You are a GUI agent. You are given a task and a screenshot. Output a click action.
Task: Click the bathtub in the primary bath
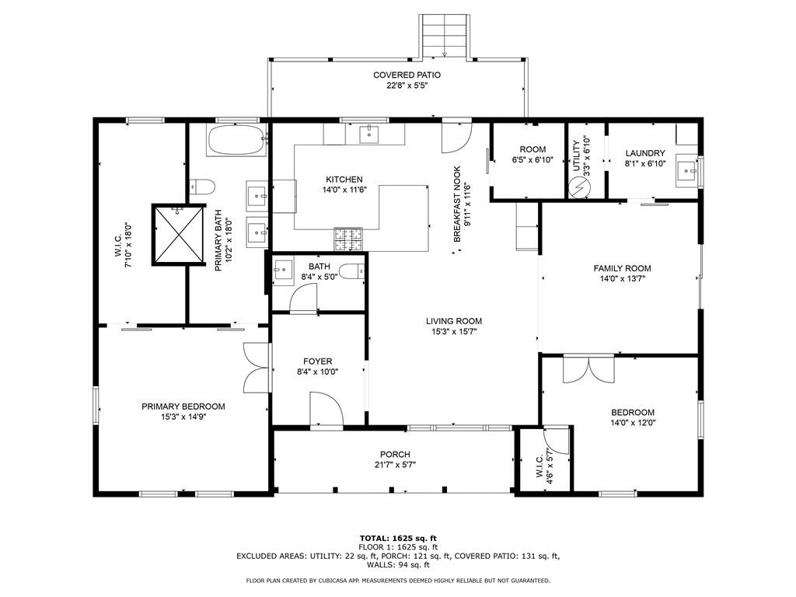[236, 140]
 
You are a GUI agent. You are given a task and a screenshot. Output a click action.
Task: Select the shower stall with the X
[178, 235]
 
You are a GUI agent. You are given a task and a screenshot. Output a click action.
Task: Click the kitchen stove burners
[348, 239]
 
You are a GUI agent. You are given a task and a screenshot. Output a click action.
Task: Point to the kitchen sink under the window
[369, 134]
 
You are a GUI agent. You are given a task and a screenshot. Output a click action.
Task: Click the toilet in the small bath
[352, 271]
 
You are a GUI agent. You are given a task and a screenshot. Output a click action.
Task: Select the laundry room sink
[689, 172]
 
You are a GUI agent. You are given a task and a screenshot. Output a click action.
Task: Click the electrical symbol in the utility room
[579, 187]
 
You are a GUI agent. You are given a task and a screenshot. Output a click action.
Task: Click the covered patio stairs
[445, 36]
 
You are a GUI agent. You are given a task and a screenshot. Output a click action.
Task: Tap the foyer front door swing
[326, 410]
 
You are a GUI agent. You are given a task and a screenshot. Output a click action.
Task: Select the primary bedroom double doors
[257, 368]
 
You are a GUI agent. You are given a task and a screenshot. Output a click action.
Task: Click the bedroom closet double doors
[589, 369]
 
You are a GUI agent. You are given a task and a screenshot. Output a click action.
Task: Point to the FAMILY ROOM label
[623, 268]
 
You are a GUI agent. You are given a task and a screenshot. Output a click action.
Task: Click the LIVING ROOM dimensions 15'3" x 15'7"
[454, 332]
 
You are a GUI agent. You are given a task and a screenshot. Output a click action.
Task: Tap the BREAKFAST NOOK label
[457, 204]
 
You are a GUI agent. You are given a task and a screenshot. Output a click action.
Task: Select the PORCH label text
[395, 454]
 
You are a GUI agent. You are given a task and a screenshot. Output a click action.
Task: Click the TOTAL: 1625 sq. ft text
[398, 538]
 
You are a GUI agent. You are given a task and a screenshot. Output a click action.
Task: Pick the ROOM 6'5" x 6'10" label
[532, 155]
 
